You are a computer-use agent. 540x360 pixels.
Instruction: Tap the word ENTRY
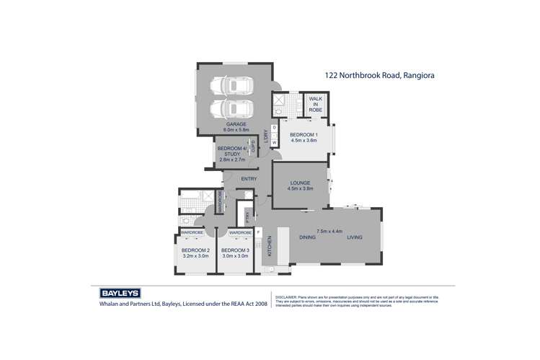(x=249, y=179)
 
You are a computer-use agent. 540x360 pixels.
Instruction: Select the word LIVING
(x=355, y=237)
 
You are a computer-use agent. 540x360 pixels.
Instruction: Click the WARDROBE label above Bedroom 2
(x=192, y=233)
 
